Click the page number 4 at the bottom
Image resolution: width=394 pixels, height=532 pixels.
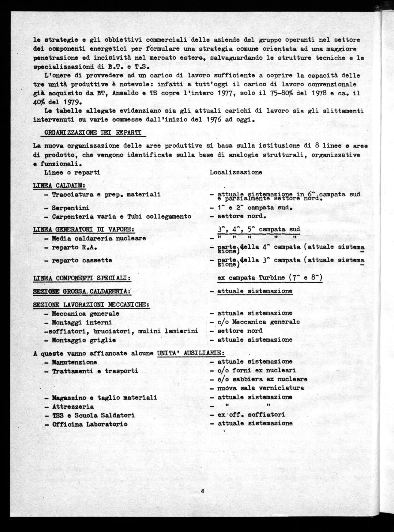(202, 491)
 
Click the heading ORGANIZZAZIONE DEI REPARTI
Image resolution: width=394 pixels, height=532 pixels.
(93, 133)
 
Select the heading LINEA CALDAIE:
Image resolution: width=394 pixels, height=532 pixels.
(59, 186)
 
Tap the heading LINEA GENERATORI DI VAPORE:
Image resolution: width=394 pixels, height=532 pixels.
(83, 229)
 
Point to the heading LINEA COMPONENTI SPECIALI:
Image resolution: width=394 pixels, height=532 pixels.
(81, 278)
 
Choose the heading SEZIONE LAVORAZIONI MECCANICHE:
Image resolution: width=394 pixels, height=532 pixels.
(91, 304)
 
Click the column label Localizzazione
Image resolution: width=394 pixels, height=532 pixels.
(236, 172)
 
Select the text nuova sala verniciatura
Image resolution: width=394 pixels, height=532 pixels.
(261, 388)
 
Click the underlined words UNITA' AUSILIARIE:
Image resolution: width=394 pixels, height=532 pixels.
(191, 353)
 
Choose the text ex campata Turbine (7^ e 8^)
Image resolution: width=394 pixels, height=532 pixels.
(270, 278)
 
